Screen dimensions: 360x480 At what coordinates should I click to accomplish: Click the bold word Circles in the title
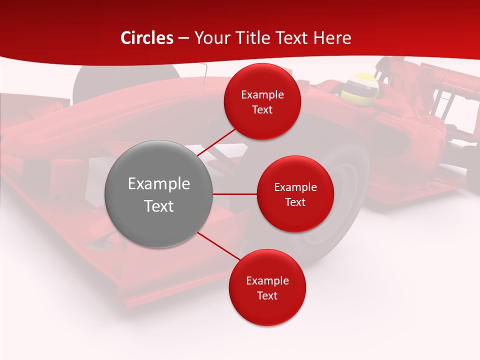coord(147,38)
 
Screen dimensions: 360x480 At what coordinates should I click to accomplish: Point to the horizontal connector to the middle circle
coord(234,193)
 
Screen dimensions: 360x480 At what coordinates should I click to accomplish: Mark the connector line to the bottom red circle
coord(217,246)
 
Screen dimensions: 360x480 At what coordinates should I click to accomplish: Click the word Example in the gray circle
coord(158,183)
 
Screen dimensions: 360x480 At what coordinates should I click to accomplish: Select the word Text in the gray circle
coord(158,206)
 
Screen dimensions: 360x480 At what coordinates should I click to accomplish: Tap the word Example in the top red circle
coord(262,94)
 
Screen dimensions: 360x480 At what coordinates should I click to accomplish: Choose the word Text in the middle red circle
coord(295,202)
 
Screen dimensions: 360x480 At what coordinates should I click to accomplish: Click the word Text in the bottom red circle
coord(267,295)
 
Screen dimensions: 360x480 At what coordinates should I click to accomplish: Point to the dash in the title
coord(183,38)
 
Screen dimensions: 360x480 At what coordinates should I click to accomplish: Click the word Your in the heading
coord(210,38)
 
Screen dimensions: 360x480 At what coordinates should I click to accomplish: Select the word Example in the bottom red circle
coord(267,280)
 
